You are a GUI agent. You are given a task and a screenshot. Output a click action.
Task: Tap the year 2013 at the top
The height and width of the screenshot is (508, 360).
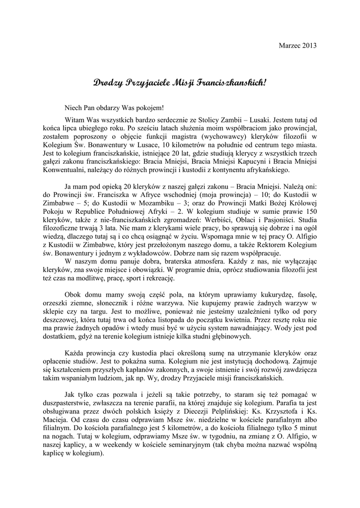tap(308, 45)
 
